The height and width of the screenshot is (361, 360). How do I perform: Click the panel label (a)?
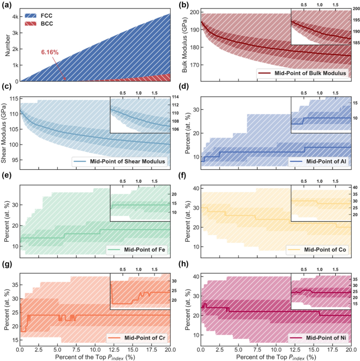click(6, 5)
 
